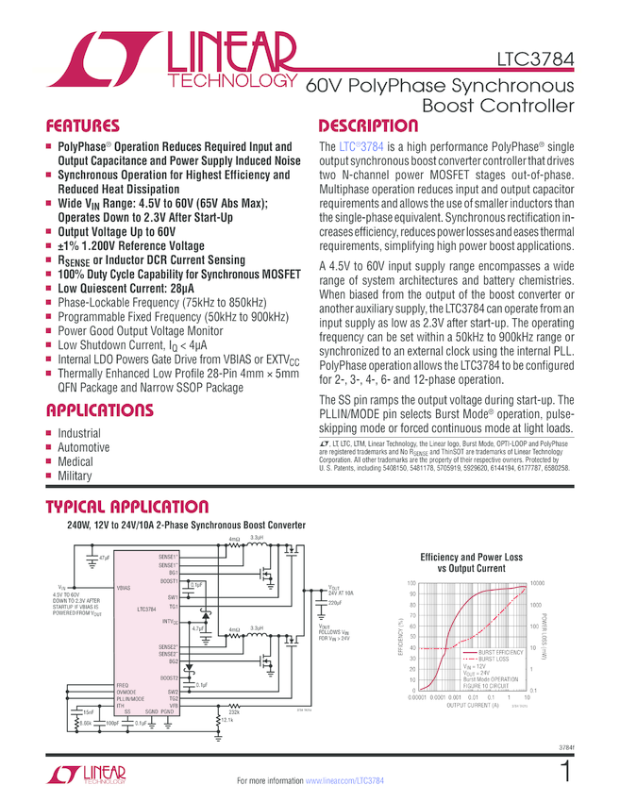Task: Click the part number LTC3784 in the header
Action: click(x=534, y=67)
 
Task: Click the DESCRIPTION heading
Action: click(x=368, y=125)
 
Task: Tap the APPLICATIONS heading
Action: click(x=100, y=410)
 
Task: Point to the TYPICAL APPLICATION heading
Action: click(x=127, y=507)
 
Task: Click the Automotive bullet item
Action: click(x=84, y=447)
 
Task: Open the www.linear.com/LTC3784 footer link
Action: click(x=345, y=781)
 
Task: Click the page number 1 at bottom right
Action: click(x=565, y=772)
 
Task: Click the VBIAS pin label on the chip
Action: click(x=124, y=586)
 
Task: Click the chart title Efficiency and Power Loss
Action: click(x=471, y=558)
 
